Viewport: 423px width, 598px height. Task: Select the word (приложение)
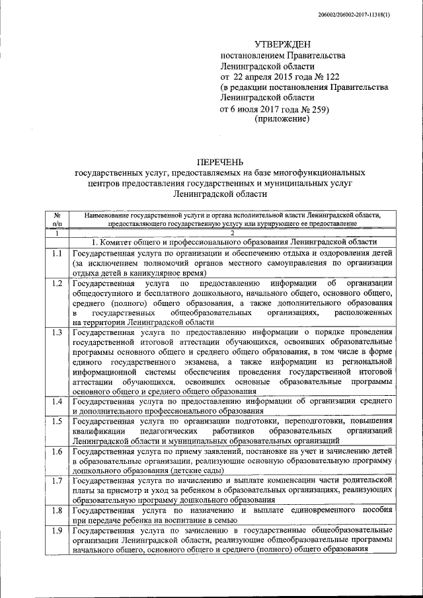(x=282, y=120)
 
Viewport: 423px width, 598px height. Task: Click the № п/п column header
(x=58, y=219)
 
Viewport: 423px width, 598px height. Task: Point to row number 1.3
(x=58, y=332)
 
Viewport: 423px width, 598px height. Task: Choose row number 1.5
(x=58, y=422)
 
